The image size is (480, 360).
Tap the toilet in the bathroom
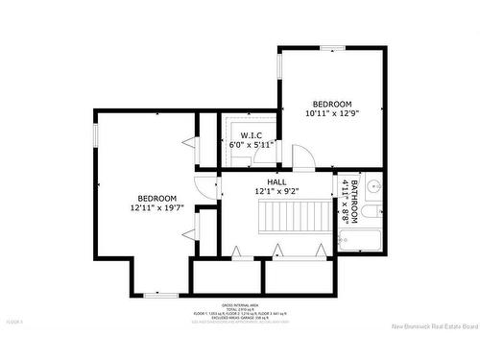(x=375, y=211)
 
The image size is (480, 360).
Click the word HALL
(x=277, y=181)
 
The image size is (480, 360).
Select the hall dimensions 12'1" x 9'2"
(x=277, y=192)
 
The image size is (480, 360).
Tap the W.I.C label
(x=252, y=135)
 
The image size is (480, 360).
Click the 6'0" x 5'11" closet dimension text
(x=251, y=145)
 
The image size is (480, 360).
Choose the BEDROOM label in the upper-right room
(x=332, y=104)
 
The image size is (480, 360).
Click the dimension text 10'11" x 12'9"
(x=331, y=114)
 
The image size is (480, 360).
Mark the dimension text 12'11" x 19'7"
(x=156, y=206)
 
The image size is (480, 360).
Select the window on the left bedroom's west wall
(x=95, y=134)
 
